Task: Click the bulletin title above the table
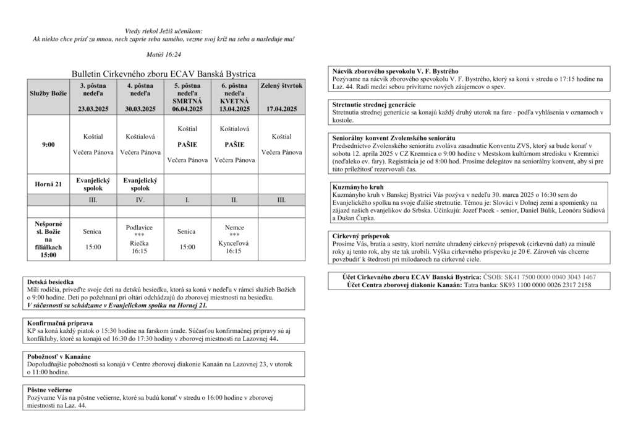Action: (x=163, y=74)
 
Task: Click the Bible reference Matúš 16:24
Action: (x=164, y=55)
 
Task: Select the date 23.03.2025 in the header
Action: (x=93, y=109)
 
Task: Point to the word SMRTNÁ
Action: (x=187, y=101)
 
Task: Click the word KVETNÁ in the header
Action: (x=234, y=101)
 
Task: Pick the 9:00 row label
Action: (x=48, y=144)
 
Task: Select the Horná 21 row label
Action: (x=48, y=184)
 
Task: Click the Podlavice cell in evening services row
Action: (x=140, y=228)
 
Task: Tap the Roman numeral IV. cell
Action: (x=140, y=200)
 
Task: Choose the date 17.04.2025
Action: (x=281, y=109)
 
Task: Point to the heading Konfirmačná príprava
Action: (x=60, y=323)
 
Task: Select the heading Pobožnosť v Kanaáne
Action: (x=59, y=356)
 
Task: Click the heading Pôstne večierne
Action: (x=49, y=390)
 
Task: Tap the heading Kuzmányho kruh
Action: (x=358, y=186)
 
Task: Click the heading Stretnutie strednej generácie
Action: (x=374, y=105)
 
